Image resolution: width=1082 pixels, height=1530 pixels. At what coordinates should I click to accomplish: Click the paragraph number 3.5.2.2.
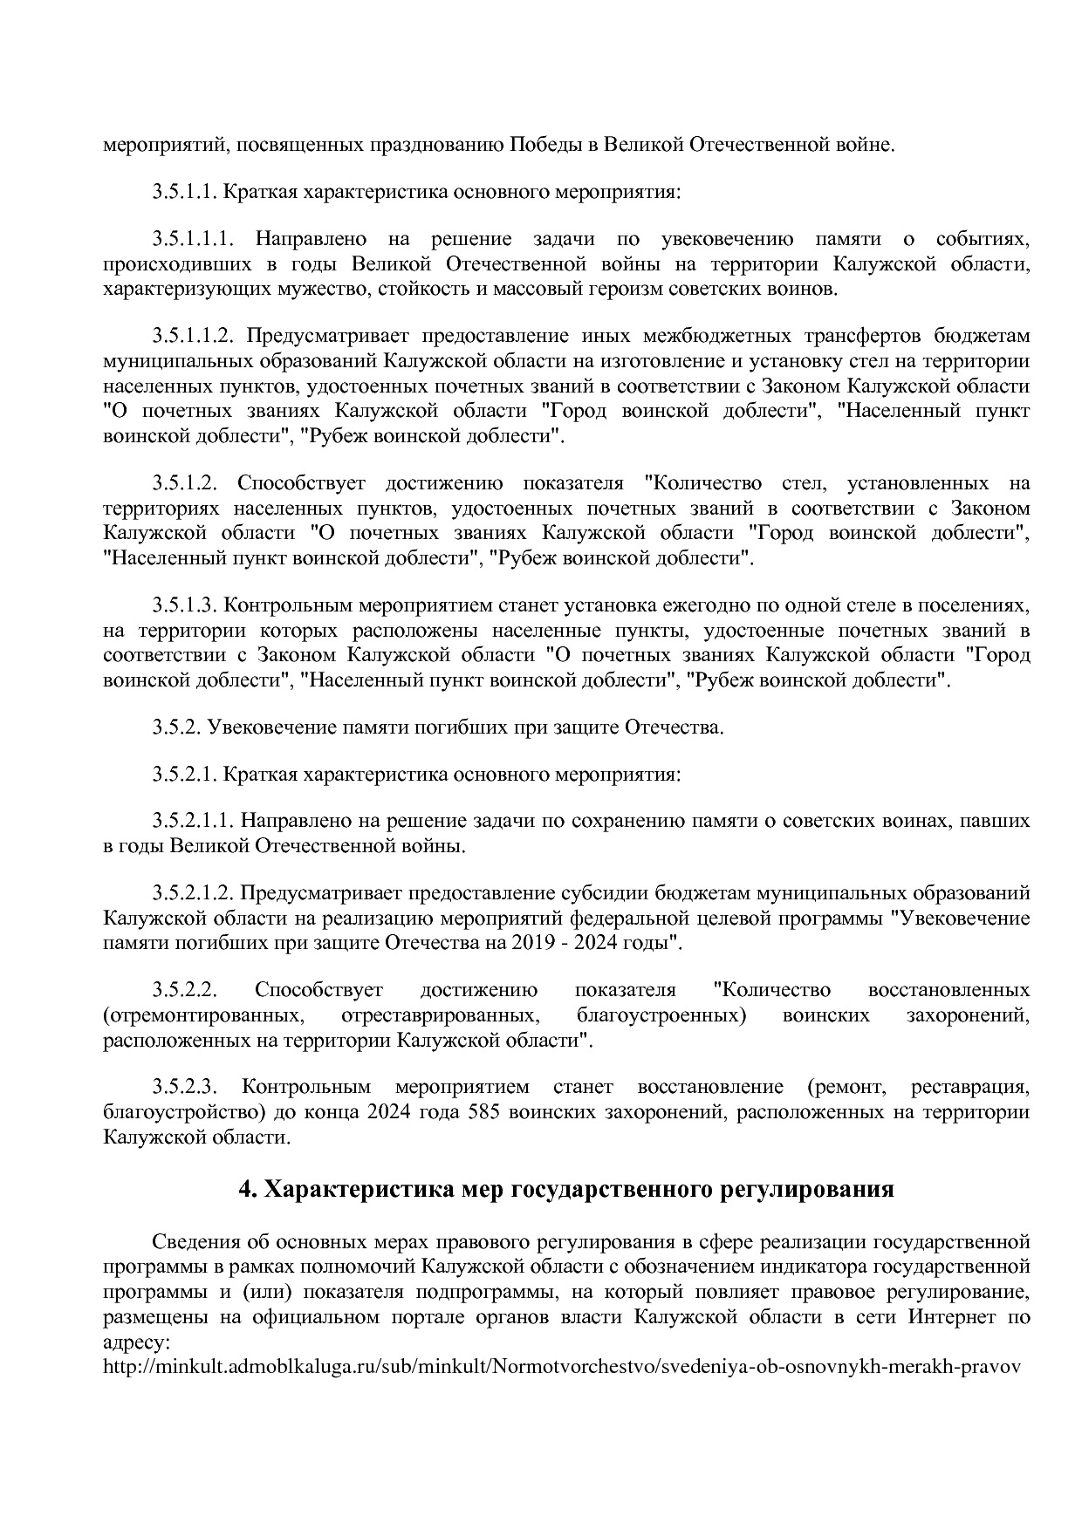[183, 990]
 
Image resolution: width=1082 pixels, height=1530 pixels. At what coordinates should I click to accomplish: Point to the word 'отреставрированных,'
[439, 1015]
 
